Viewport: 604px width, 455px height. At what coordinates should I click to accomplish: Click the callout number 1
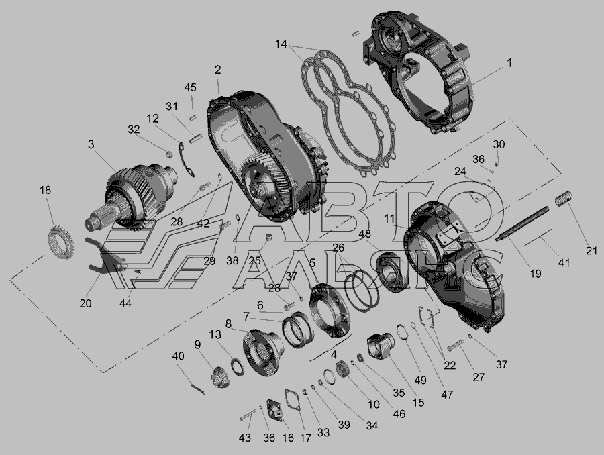pos(509,62)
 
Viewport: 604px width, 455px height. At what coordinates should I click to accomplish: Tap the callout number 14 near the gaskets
pos(281,44)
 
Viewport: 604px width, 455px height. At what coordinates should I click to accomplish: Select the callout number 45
pos(191,87)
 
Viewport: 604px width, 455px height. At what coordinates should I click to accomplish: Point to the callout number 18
pos(46,190)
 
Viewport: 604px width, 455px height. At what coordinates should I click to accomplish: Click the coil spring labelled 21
pos(563,199)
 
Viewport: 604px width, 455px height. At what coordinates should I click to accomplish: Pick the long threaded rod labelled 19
pos(522,224)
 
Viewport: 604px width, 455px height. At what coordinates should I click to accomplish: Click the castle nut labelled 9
pos(220,378)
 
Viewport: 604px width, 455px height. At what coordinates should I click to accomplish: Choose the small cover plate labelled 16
pos(276,411)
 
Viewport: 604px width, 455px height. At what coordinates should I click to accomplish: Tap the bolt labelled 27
pos(456,345)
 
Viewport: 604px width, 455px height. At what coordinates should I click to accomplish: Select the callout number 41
pos(564,263)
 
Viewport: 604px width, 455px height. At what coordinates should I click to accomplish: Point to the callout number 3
pos(91,144)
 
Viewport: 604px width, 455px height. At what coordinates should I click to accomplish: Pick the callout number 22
pos(450,365)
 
